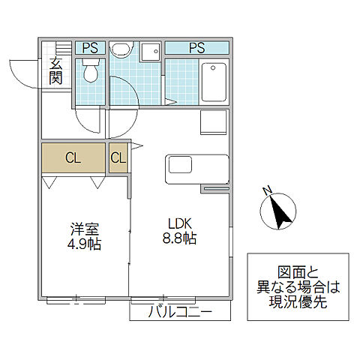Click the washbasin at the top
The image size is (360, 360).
click(120, 49)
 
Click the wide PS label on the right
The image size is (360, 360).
click(196, 48)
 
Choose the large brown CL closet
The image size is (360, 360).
click(73, 157)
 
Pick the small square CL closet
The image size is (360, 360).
click(118, 157)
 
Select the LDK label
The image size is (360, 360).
click(181, 223)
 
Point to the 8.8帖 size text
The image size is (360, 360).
click(181, 238)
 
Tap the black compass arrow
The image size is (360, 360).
click(282, 211)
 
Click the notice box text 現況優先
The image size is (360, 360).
click(298, 303)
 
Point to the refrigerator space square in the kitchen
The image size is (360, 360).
click(214, 121)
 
